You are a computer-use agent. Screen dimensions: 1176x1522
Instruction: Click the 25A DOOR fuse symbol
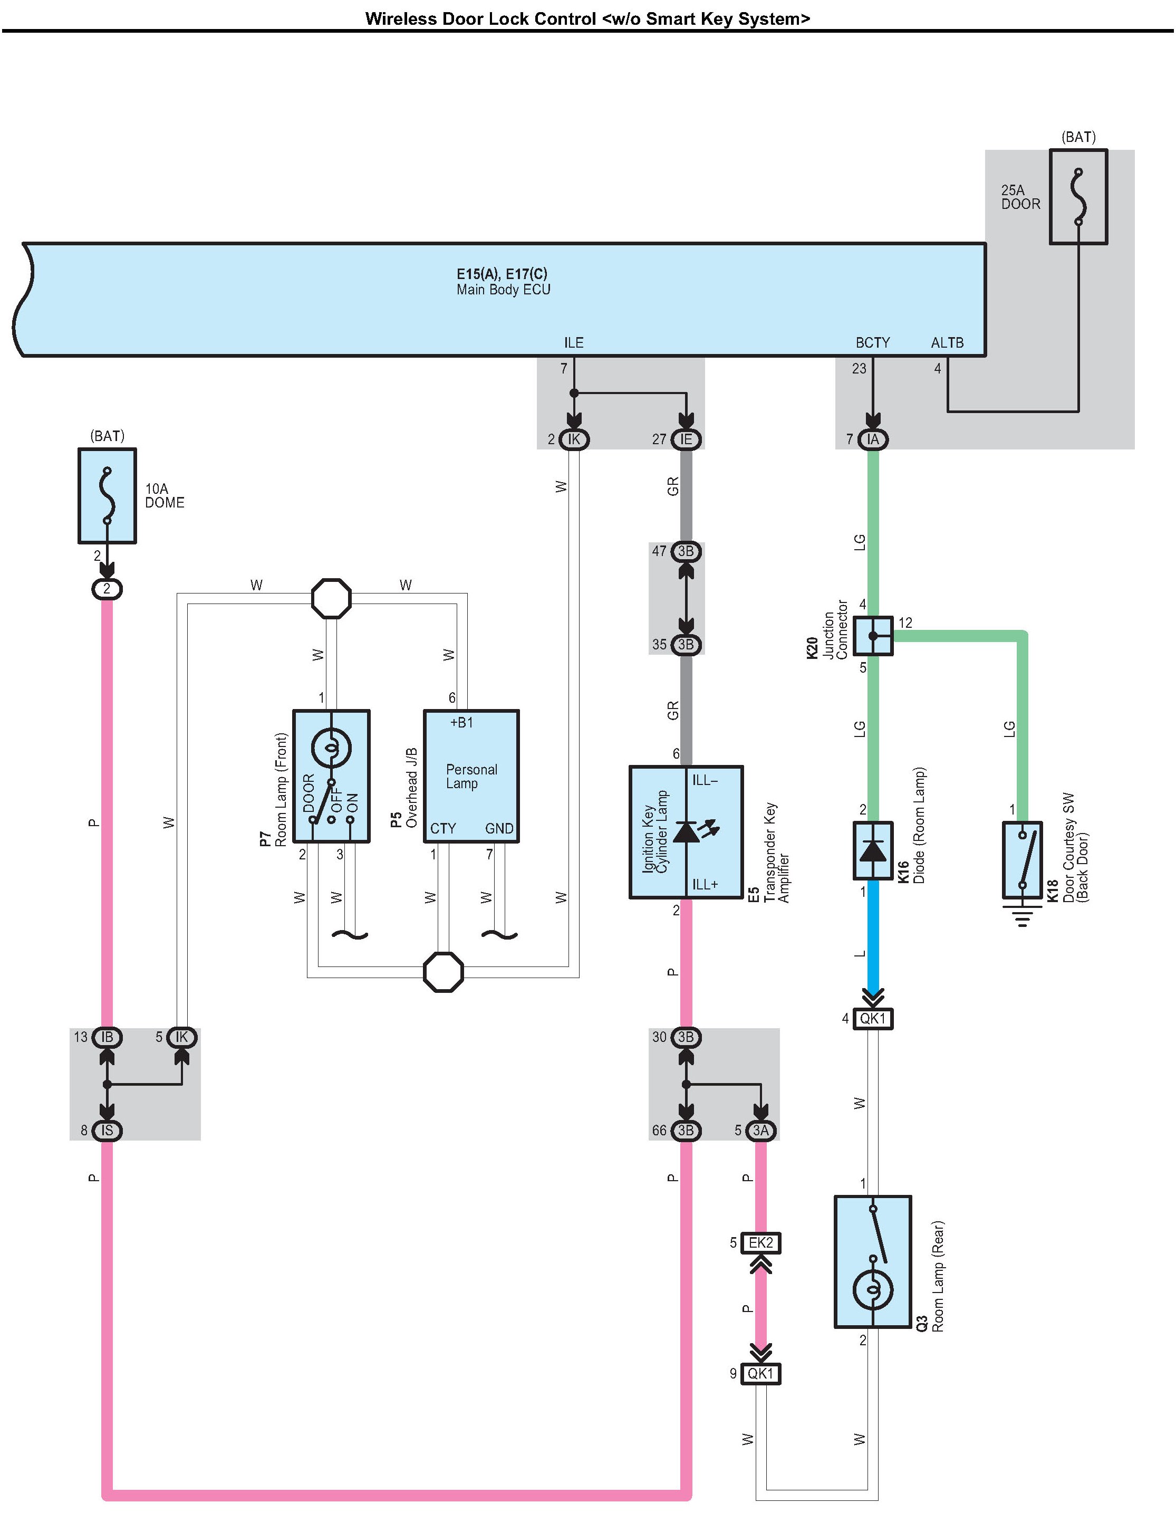pyautogui.click(x=1078, y=197)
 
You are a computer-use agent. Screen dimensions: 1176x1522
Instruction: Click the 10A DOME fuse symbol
pyautogui.click(x=107, y=495)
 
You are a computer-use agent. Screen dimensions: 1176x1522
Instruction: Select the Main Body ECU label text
pyautogui.click(x=503, y=289)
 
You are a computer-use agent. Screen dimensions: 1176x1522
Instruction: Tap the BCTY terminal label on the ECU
pyautogui.click(x=872, y=343)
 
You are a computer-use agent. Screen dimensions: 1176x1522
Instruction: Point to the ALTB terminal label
pyautogui.click(x=948, y=343)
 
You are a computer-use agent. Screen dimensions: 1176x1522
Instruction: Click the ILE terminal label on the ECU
pyautogui.click(x=573, y=343)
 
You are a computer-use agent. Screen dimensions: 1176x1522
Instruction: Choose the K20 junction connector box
pyautogui.click(x=873, y=636)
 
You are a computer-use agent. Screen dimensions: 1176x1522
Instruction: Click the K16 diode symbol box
pyautogui.click(x=873, y=850)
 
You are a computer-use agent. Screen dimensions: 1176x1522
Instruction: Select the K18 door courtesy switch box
pyautogui.click(x=1022, y=860)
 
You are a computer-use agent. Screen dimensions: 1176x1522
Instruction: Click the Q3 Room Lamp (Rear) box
pyautogui.click(x=873, y=1262)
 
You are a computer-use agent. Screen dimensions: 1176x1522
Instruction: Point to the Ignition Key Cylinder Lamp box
pyautogui.click(x=686, y=832)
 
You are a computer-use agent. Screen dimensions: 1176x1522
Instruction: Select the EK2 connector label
pyautogui.click(x=761, y=1242)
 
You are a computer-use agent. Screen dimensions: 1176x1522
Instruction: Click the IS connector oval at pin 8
pyautogui.click(x=107, y=1131)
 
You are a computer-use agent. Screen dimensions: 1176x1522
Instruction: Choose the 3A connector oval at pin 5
pyautogui.click(x=761, y=1131)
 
